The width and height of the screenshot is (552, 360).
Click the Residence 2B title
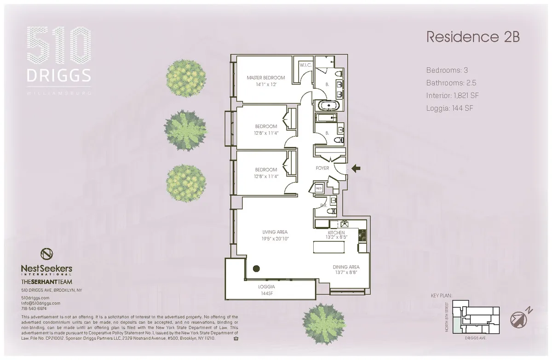click(x=473, y=37)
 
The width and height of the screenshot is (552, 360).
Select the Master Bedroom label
click(x=265, y=78)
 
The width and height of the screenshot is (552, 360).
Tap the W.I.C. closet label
click(x=305, y=66)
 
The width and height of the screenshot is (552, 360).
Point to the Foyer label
click(x=322, y=168)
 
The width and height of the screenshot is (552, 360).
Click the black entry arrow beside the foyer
click(x=356, y=169)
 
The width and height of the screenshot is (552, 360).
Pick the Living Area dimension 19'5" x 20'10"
click(x=275, y=239)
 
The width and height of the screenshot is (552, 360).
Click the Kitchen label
click(x=336, y=233)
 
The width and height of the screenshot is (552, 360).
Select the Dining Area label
click(x=346, y=267)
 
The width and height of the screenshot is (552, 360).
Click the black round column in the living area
click(x=256, y=269)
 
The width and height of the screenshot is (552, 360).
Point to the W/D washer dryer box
click(x=319, y=188)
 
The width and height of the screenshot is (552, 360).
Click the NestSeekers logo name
click(x=46, y=268)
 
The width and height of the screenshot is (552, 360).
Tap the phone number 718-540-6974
click(x=35, y=309)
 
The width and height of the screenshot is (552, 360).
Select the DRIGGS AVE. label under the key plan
click(x=475, y=337)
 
